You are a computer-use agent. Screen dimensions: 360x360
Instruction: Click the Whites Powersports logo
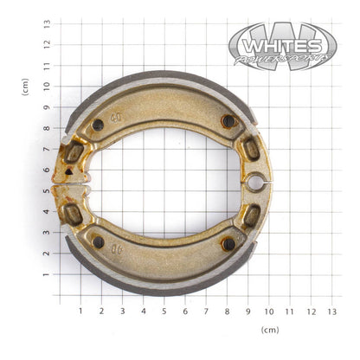(x=282, y=47)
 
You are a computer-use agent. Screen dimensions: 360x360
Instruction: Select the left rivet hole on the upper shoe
(x=98, y=125)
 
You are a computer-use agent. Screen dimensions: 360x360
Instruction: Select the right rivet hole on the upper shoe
(x=228, y=121)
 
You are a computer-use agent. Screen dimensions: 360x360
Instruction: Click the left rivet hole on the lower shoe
(x=98, y=241)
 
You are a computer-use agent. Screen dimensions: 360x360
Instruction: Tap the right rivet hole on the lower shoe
(x=228, y=245)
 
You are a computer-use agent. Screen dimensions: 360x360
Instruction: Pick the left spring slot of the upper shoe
(x=74, y=153)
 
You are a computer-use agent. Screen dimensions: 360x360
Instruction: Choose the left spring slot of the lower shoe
(x=74, y=212)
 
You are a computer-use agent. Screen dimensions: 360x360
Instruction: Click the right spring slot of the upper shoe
(x=252, y=149)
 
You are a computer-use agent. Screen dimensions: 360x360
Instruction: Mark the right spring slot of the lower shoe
(x=251, y=215)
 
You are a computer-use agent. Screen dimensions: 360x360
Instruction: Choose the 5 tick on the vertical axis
(x=46, y=190)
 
